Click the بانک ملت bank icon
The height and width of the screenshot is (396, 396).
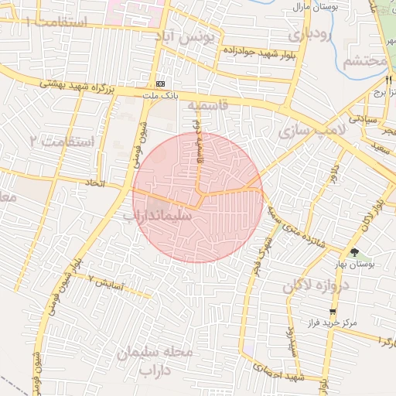[160, 84]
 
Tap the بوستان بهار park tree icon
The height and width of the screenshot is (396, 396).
[354, 251]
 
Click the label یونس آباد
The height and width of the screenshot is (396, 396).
[193, 36]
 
